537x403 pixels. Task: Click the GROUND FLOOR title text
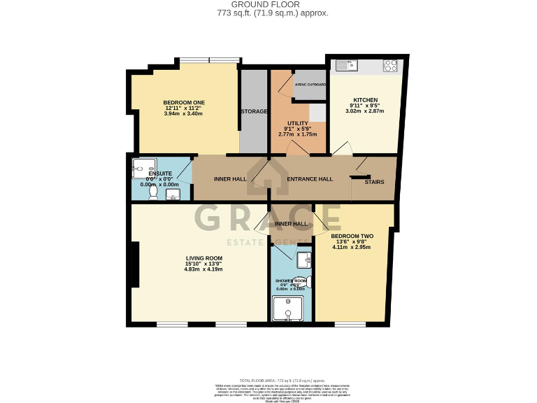click(x=268, y=4)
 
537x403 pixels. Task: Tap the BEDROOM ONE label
click(x=184, y=103)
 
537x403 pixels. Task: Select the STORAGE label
click(x=254, y=111)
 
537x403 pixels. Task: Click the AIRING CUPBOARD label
click(x=310, y=85)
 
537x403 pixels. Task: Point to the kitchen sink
click(x=347, y=66)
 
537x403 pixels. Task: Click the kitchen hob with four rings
click(x=391, y=66)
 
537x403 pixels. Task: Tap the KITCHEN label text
click(x=366, y=100)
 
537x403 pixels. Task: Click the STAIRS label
click(x=384, y=182)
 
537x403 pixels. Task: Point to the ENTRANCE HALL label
click(x=310, y=179)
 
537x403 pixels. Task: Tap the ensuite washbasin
click(x=172, y=194)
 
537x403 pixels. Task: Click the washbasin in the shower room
click(x=303, y=261)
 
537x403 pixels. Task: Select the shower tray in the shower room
click(x=287, y=309)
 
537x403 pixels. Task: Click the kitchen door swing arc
click(x=343, y=149)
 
